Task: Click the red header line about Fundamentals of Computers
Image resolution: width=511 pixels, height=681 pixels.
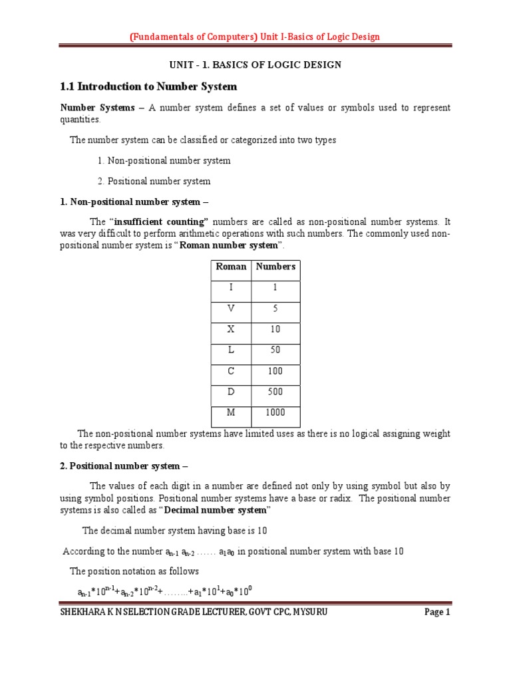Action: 255,37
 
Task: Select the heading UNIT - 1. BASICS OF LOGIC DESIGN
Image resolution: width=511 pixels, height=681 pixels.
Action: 255,65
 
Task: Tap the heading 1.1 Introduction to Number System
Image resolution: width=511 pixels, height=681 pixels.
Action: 148,86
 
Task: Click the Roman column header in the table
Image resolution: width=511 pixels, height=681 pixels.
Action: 231,267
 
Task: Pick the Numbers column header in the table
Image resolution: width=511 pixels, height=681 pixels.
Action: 275,267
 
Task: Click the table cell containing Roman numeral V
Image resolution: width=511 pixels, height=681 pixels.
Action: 231,309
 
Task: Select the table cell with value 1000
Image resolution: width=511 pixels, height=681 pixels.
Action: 275,412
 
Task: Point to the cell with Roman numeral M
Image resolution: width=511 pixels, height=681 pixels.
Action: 231,412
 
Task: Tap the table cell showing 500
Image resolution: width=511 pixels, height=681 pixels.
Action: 275,392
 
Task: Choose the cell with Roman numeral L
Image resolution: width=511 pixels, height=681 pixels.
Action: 231,350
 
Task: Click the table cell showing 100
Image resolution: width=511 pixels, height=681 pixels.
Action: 275,371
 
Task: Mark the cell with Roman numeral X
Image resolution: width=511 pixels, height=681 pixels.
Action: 231,329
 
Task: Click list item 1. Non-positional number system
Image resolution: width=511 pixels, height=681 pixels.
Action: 164,160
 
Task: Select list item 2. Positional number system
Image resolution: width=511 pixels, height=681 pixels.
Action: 154,181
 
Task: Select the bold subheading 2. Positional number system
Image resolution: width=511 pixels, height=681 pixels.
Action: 125,466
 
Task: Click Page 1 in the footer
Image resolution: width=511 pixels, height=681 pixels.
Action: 438,613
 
